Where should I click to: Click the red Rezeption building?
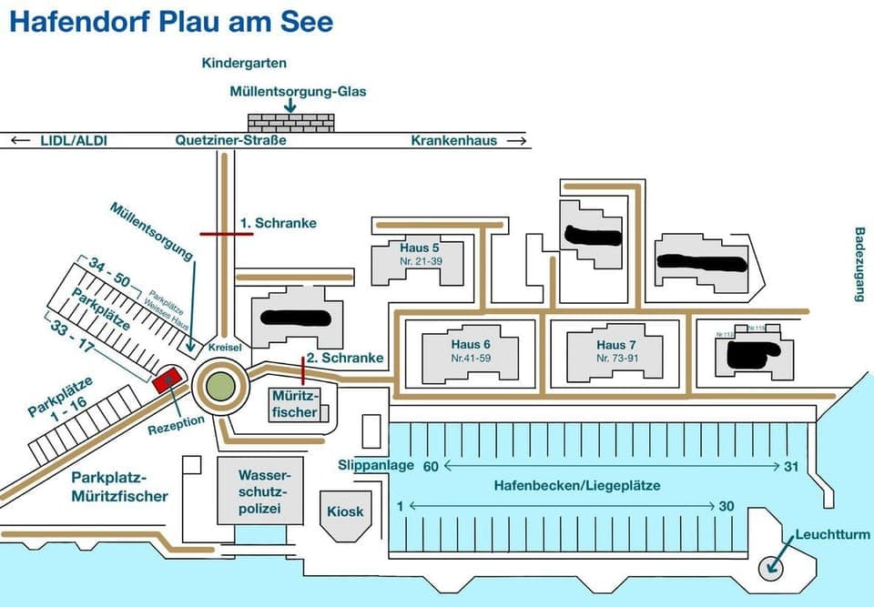pos(167,379)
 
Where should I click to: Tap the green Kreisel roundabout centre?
pos(218,386)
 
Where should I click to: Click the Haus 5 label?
pos(420,248)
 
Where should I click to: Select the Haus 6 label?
pos(471,345)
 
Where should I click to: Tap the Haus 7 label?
pos(612,345)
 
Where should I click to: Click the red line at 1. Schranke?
pos(227,234)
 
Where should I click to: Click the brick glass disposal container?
pos(290,122)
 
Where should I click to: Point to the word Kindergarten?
pos(244,63)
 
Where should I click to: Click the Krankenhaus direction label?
pos(453,140)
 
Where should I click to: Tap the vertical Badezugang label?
pos(859,264)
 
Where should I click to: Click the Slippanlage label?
pos(376,465)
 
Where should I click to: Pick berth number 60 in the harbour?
pos(431,466)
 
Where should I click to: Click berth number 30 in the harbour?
pos(726,506)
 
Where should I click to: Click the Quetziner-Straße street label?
pos(231,140)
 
